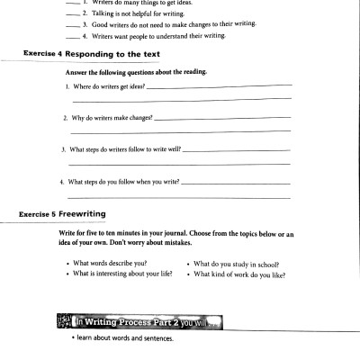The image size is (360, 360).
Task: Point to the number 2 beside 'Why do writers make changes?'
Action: point(65,118)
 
